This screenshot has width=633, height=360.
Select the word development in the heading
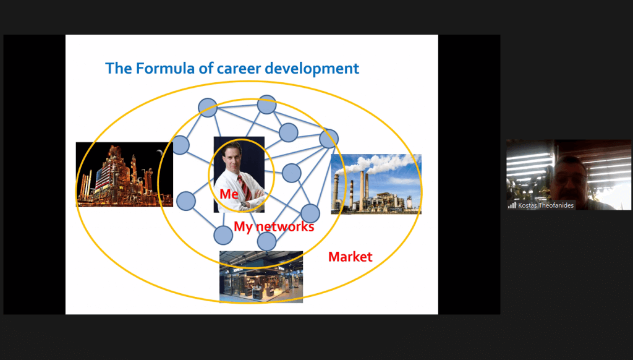tap(312, 68)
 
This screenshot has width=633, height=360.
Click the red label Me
tap(229, 194)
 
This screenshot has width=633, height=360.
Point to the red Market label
tap(350, 257)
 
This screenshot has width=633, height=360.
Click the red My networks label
tap(274, 226)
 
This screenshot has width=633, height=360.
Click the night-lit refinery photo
tap(124, 174)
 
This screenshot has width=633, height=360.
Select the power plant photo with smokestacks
tap(376, 184)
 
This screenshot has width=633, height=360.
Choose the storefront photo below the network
tap(261, 276)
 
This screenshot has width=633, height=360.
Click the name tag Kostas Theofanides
tap(546, 205)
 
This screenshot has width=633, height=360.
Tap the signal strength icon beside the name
tap(512, 205)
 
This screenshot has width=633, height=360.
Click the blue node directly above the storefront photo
tap(266, 242)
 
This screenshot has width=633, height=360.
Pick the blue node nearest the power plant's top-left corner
tap(329, 139)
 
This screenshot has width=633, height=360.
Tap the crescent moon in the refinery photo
tap(160, 152)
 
